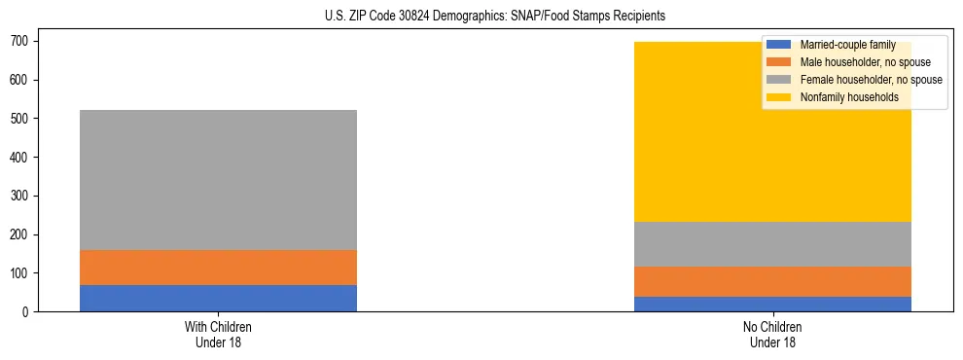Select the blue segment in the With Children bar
point(218,298)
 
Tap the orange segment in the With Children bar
point(218,268)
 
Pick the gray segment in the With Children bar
point(218,180)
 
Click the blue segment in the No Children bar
point(773,304)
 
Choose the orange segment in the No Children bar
point(773,281)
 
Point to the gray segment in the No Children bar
point(773,244)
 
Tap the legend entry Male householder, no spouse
point(865,62)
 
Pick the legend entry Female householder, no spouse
point(871,80)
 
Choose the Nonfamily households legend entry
point(849,97)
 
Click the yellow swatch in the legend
point(779,97)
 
